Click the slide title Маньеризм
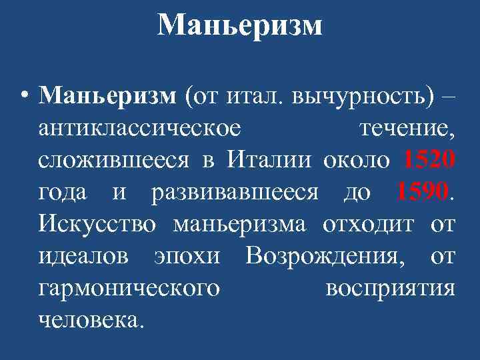click(x=240, y=26)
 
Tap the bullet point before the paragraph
click(x=24, y=95)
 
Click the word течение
click(x=407, y=128)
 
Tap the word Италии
click(x=269, y=160)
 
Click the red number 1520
click(x=429, y=160)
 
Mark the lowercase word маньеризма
click(x=239, y=225)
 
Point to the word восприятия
click(x=391, y=289)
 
